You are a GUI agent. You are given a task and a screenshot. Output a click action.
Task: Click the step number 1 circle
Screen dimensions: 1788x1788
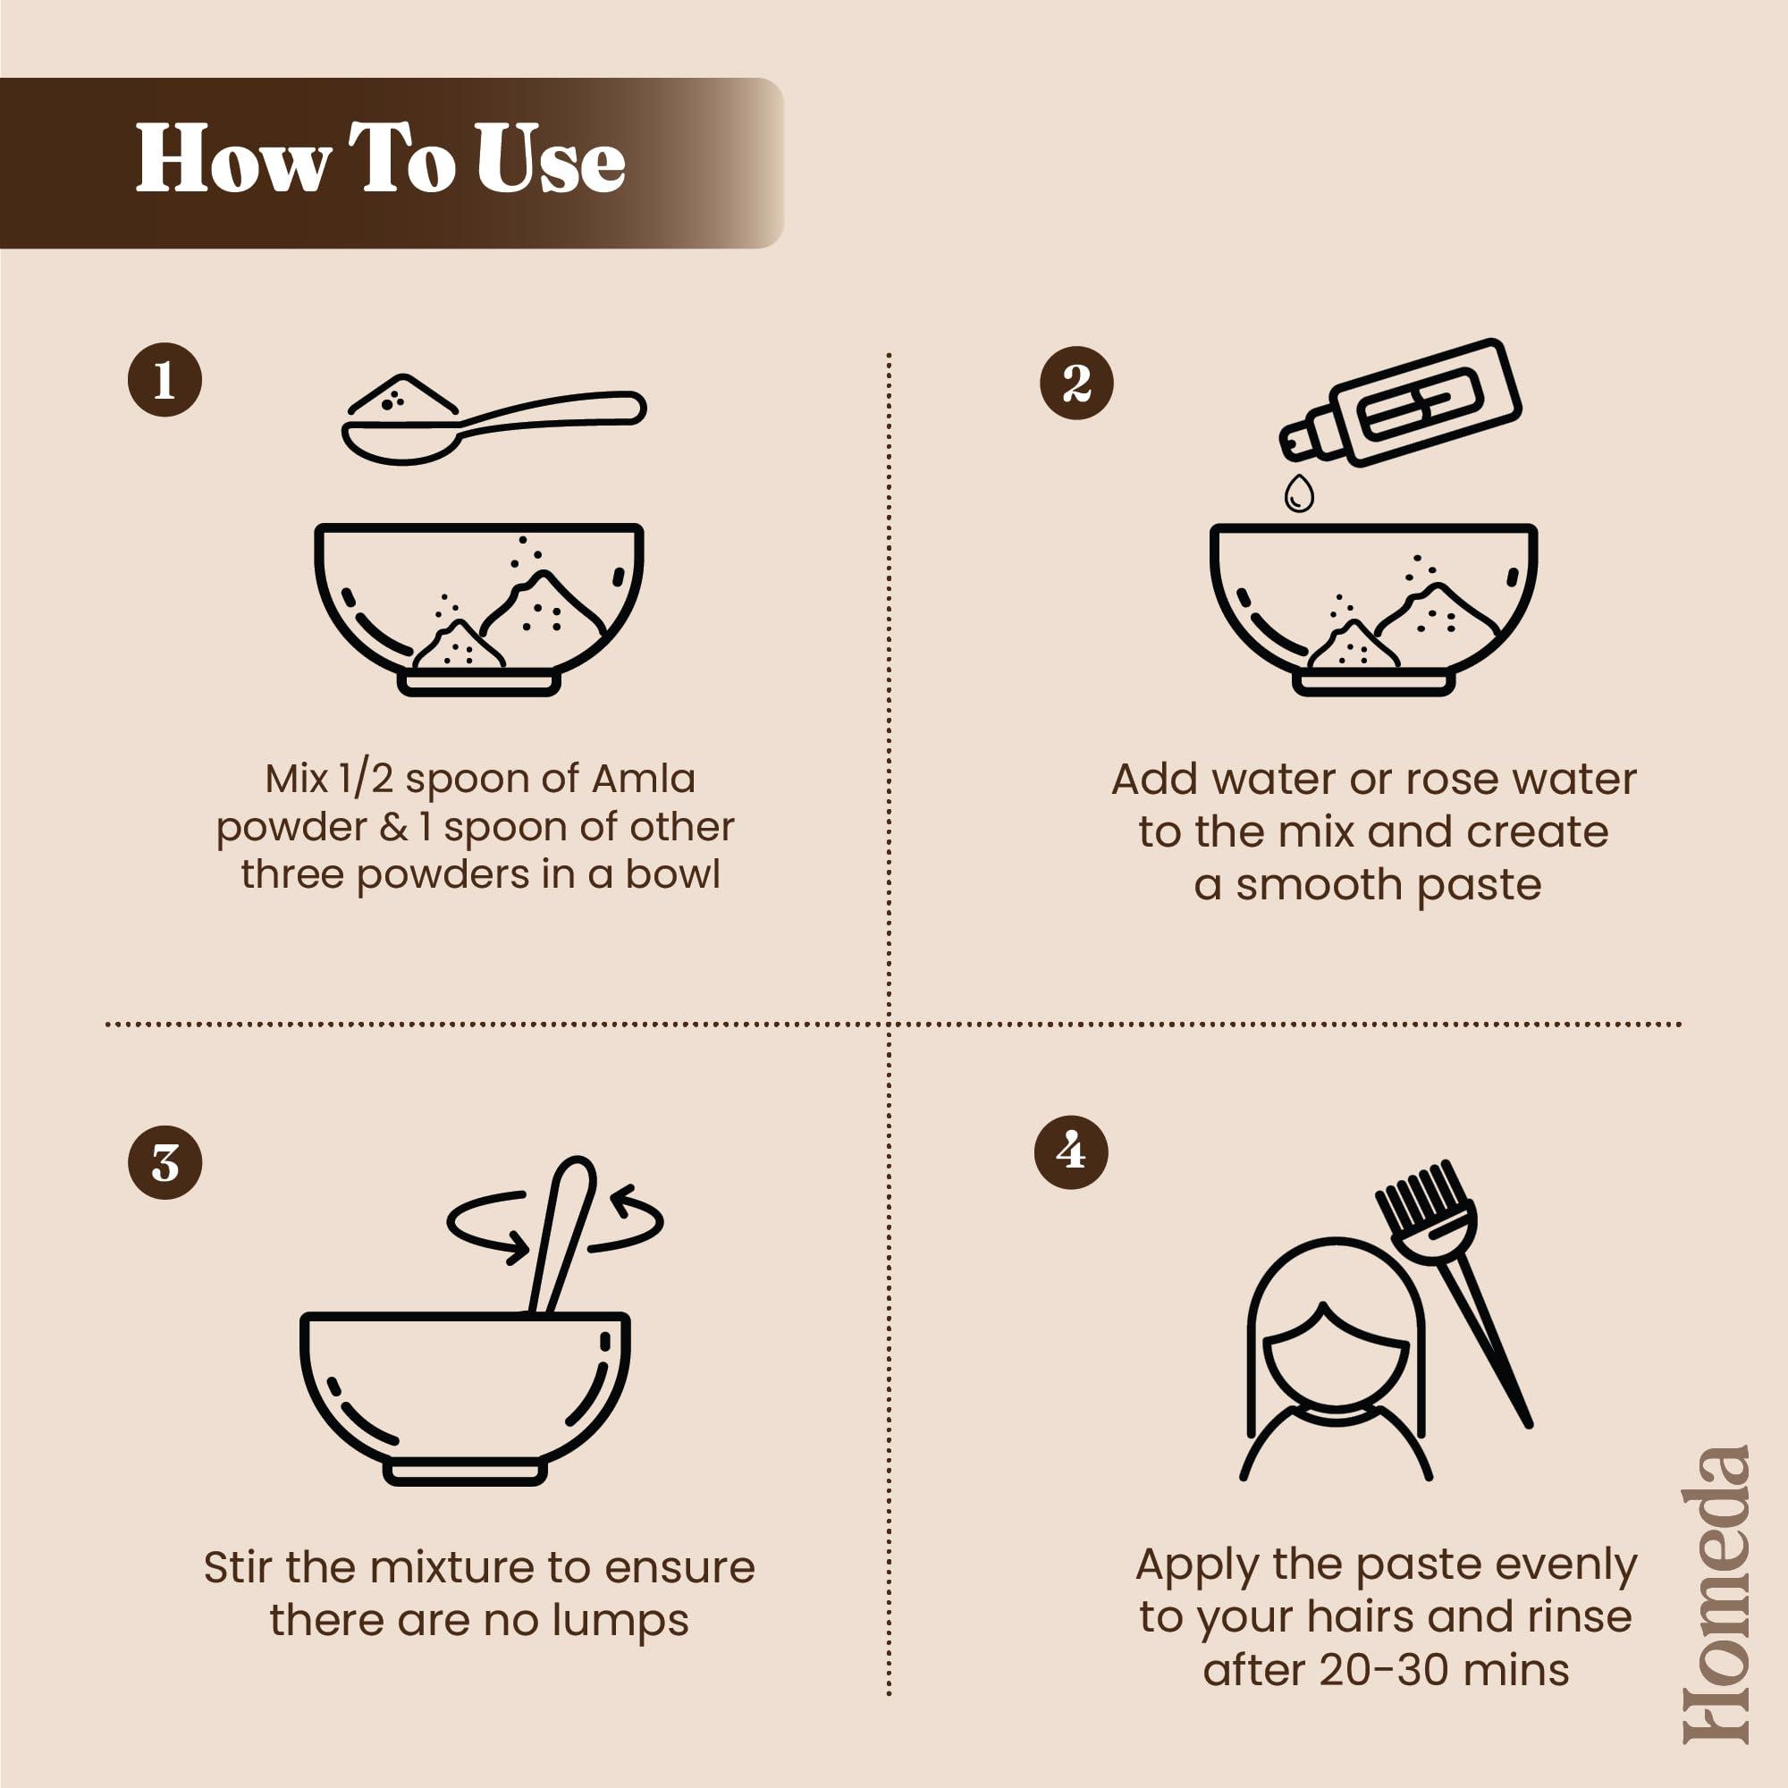click(x=164, y=379)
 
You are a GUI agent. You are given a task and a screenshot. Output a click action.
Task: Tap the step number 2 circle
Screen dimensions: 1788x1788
click(x=1076, y=384)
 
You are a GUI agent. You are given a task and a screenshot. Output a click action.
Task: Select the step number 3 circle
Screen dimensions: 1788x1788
click(x=164, y=1162)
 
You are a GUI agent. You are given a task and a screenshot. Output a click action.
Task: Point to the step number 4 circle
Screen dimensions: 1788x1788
click(x=1071, y=1152)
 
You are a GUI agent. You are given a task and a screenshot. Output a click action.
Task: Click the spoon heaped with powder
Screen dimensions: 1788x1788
click(x=493, y=418)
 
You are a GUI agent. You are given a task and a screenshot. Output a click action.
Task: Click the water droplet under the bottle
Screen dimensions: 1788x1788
click(x=1299, y=493)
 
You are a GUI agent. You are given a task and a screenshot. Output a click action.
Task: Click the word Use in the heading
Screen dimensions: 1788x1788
click(x=551, y=159)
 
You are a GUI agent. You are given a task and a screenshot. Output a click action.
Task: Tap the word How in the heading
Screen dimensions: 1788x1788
click(x=233, y=159)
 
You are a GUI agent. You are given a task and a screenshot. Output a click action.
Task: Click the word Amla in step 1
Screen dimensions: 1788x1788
click(x=643, y=779)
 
